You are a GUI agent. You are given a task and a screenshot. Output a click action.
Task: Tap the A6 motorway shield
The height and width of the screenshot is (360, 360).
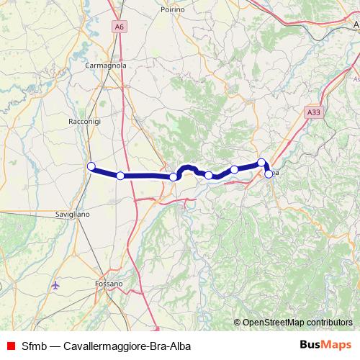pos(118,27)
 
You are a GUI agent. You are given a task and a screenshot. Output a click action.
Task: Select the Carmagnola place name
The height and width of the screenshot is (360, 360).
pos(106,65)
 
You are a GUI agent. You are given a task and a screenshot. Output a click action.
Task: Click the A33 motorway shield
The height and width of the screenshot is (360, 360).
pos(312,112)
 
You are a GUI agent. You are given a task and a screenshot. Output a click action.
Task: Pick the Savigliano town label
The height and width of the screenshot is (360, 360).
pos(72,215)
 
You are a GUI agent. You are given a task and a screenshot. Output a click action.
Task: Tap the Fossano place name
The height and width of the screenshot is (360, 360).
pos(109,284)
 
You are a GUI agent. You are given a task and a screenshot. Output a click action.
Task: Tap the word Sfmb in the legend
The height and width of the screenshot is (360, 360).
pos(35,345)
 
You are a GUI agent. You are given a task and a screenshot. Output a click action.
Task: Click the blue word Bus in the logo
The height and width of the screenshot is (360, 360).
pos(310,344)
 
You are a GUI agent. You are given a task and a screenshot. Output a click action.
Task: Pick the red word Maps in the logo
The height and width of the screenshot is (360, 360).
pos(337,344)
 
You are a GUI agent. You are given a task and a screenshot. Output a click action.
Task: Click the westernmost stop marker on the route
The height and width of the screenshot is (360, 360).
pos(91,167)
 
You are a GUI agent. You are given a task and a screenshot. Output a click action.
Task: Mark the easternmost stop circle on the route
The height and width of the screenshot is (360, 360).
pos(269,174)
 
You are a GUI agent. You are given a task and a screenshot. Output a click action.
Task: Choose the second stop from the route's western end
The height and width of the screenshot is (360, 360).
pos(120,176)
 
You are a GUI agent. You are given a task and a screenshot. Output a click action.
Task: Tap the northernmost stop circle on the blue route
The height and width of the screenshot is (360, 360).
pos(262,163)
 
